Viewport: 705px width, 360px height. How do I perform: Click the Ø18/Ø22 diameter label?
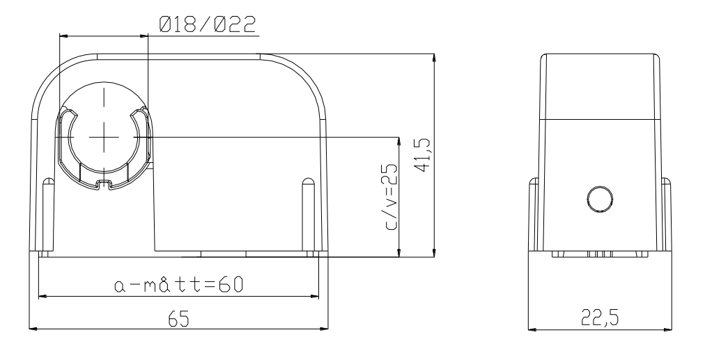[x=208, y=24]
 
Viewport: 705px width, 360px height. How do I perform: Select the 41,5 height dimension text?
[x=423, y=155]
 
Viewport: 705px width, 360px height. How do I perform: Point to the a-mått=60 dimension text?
[x=178, y=285]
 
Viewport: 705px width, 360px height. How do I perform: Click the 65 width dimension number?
[x=179, y=319]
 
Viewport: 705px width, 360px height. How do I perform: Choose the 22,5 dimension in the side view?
[x=600, y=318]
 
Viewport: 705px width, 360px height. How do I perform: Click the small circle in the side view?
[x=600, y=198]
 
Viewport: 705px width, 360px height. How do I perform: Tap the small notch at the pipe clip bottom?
[x=104, y=184]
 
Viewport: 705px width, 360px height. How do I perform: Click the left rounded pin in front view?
[x=47, y=216]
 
